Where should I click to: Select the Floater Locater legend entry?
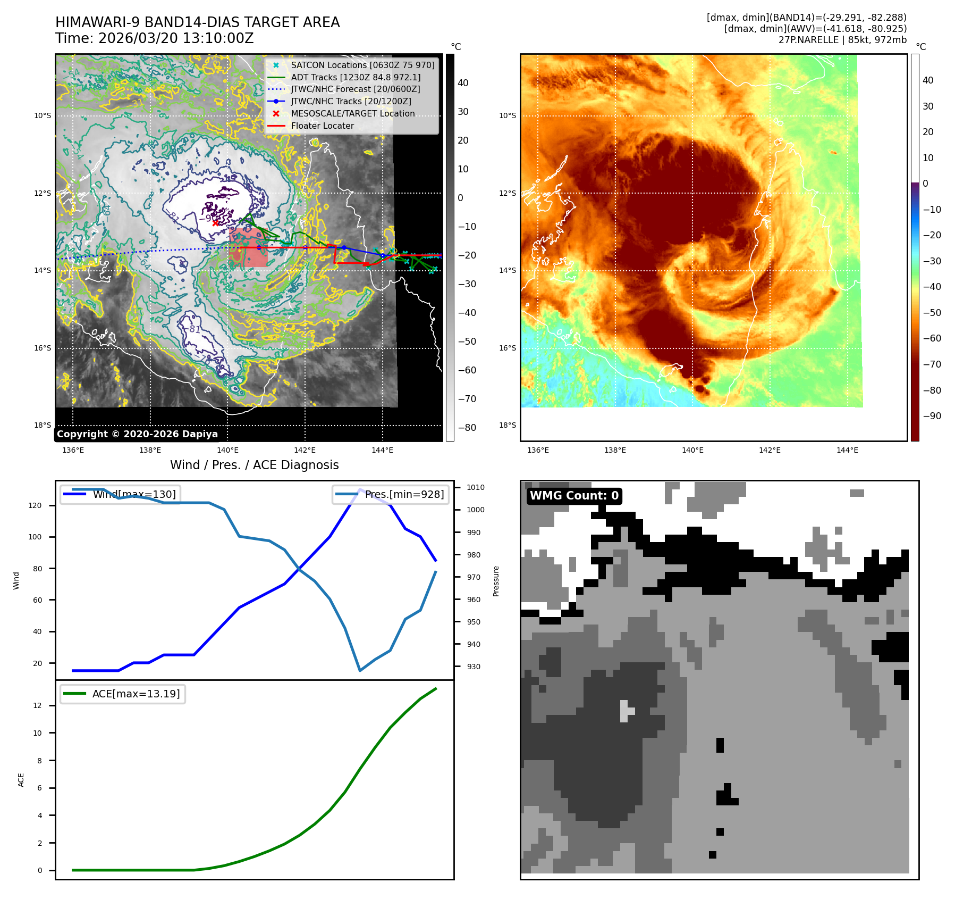click(x=322, y=126)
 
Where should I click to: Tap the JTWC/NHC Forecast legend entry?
click(x=355, y=89)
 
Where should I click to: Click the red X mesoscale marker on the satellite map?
click(x=215, y=223)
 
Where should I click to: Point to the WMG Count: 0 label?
click(x=574, y=496)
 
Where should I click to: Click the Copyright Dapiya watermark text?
click(x=137, y=434)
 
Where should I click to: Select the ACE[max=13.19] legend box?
click(x=123, y=694)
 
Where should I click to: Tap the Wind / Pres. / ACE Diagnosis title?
click(x=254, y=465)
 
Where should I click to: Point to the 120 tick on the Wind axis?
click(x=35, y=505)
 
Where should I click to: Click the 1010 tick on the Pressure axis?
click(x=476, y=487)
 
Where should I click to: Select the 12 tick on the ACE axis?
click(x=38, y=705)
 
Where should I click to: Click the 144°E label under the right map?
click(x=847, y=450)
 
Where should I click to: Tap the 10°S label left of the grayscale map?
click(x=43, y=115)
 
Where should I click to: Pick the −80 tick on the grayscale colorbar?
click(x=467, y=428)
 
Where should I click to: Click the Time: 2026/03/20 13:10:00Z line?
click(x=155, y=39)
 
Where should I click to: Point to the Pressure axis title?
click(x=496, y=581)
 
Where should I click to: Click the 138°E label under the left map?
click(x=150, y=450)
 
